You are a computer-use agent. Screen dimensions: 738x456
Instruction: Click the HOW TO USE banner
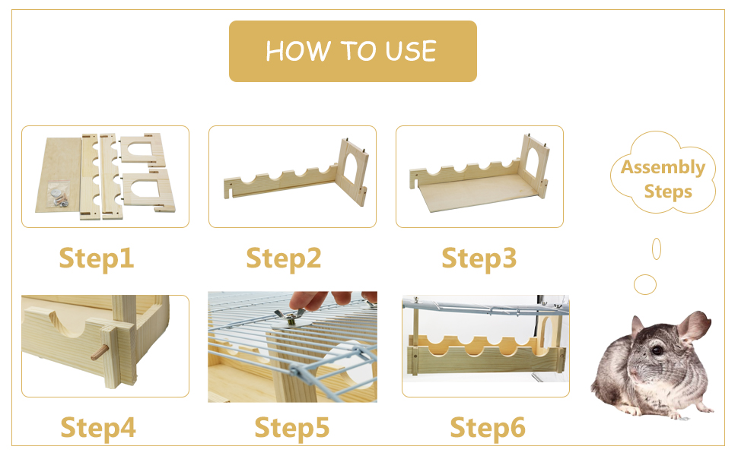pyautogui.click(x=352, y=51)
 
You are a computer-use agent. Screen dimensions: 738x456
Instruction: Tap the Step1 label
pyautogui.click(x=97, y=258)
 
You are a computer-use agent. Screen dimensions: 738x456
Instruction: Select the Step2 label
pyautogui.click(x=283, y=258)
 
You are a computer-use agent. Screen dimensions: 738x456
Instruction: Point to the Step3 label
pyautogui.click(x=479, y=258)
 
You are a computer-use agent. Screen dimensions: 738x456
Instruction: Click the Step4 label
pyautogui.click(x=98, y=428)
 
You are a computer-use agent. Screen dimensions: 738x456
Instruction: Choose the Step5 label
pyautogui.click(x=292, y=428)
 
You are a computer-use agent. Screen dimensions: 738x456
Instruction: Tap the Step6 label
pyautogui.click(x=487, y=428)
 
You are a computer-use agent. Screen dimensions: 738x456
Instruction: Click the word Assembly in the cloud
pyautogui.click(x=663, y=167)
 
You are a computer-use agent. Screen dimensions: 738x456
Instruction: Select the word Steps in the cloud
pyautogui.click(x=668, y=192)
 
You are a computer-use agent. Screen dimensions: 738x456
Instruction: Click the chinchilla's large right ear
pyautogui.click(x=692, y=327)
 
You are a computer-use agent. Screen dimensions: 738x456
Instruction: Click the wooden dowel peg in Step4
pyautogui.click(x=100, y=353)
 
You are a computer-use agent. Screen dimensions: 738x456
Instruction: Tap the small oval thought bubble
pyautogui.click(x=657, y=249)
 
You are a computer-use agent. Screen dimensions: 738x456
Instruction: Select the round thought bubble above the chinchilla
pyautogui.click(x=645, y=284)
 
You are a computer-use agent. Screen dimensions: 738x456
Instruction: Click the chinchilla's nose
pyautogui.click(x=634, y=374)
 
